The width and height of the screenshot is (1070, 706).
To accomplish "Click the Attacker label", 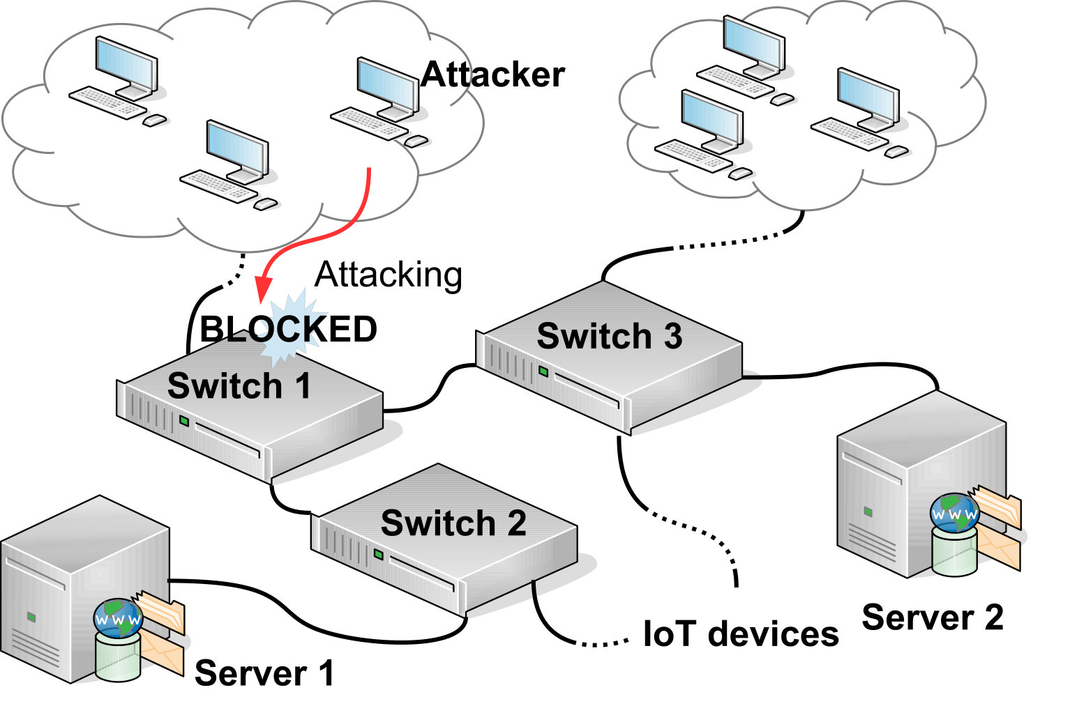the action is (x=492, y=75).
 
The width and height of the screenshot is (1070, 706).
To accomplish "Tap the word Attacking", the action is (x=389, y=275).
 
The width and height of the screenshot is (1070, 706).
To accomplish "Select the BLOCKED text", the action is (x=289, y=330).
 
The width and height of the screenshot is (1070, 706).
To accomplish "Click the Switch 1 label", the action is (x=239, y=385).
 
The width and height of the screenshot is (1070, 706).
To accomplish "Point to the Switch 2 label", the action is (x=453, y=523).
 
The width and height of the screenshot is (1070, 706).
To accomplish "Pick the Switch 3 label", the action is (x=610, y=336).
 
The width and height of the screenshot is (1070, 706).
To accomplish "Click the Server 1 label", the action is (x=264, y=673).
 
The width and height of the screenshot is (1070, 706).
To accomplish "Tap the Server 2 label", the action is (x=933, y=617).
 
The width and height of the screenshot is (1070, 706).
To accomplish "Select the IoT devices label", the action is (x=741, y=634).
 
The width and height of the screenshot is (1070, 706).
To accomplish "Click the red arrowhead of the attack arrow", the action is (x=263, y=289).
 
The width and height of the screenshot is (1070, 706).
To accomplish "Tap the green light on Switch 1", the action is (x=184, y=421).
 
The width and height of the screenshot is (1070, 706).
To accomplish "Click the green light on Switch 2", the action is (x=379, y=554).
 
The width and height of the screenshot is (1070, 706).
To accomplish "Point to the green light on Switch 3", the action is (x=543, y=371).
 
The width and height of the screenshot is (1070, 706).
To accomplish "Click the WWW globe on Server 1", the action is (x=118, y=617).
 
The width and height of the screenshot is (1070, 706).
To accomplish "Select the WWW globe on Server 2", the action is (x=954, y=513).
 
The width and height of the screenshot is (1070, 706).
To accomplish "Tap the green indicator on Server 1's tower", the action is (x=31, y=617).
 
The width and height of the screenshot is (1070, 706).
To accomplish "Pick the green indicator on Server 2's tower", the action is (x=868, y=512).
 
